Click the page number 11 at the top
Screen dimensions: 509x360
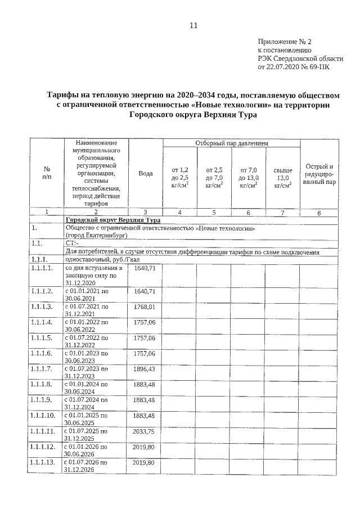(193, 26)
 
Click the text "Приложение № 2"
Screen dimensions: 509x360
(284, 42)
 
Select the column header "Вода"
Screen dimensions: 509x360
(146, 174)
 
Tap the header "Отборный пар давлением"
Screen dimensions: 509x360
(231, 144)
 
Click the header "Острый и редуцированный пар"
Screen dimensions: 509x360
(319, 174)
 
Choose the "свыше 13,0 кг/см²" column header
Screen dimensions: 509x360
(282, 177)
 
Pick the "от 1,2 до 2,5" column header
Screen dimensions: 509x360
(180, 177)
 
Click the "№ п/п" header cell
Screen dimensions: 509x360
(47, 173)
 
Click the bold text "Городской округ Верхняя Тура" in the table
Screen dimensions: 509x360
(113, 220)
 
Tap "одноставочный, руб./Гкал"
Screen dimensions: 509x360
(101, 260)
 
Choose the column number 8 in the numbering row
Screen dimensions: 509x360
(319, 213)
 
